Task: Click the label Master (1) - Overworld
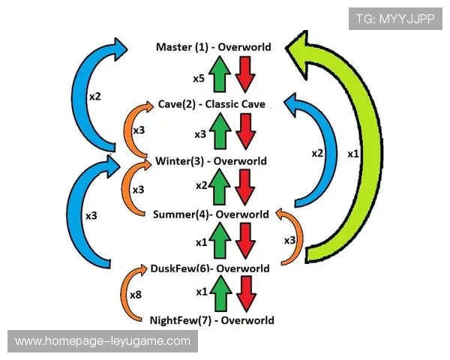point(213,47)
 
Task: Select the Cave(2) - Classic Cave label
point(211,104)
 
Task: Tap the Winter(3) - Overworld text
point(211,161)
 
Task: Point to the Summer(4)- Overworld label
point(211,214)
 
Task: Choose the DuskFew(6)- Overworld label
point(209,268)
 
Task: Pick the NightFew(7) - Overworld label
point(211,320)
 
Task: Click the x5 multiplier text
point(198,77)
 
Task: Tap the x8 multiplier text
point(135,295)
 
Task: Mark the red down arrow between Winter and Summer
point(244,188)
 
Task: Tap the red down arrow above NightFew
point(244,293)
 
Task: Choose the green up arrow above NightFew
point(219,293)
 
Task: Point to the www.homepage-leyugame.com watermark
point(103,341)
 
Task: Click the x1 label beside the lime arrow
point(353,153)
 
